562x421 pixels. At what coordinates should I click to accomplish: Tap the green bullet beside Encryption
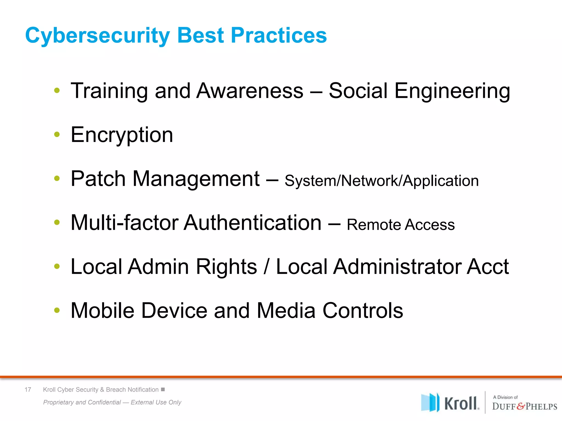pyautogui.click(x=57, y=134)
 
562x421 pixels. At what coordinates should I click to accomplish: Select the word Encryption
pyautogui.click(x=122, y=135)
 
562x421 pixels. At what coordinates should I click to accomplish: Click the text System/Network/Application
pyautogui.click(x=381, y=181)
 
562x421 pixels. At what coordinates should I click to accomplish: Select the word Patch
pyautogui.click(x=98, y=179)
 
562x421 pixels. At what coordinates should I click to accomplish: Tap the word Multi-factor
pyautogui.click(x=125, y=223)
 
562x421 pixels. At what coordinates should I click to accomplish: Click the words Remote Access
pyautogui.click(x=401, y=225)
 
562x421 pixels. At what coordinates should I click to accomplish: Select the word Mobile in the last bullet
pyautogui.click(x=102, y=311)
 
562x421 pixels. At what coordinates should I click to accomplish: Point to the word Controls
pyautogui.click(x=363, y=311)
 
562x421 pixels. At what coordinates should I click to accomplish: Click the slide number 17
pyautogui.click(x=28, y=389)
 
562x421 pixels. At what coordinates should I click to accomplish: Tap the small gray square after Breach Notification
pyautogui.click(x=163, y=389)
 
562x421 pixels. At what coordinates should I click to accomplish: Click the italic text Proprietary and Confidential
pyautogui.click(x=82, y=402)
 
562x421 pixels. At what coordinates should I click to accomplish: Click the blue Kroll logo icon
pyautogui.click(x=430, y=402)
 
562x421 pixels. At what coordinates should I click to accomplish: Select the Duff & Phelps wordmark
pyautogui.click(x=524, y=406)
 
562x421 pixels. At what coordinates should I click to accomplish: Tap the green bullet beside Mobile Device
pyautogui.click(x=57, y=310)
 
